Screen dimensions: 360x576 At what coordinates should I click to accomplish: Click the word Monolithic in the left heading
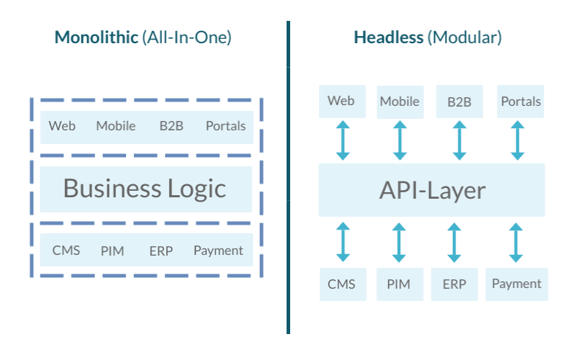(96, 37)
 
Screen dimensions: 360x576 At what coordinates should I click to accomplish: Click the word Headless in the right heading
(388, 37)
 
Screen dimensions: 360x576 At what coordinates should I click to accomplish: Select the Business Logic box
(145, 189)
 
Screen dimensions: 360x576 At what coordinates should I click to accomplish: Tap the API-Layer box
(431, 190)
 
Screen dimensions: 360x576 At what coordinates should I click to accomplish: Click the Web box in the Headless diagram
(342, 102)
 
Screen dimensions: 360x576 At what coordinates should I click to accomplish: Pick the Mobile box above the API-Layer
(400, 102)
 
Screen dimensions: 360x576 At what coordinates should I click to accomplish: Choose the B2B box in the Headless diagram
(459, 102)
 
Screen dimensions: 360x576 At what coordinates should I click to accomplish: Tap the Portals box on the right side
(520, 102)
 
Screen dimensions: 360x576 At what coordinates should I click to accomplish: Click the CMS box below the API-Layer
(342, 284)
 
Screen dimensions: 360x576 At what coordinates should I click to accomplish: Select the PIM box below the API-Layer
(398, 284)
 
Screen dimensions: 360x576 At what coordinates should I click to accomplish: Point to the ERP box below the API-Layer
(454, 284)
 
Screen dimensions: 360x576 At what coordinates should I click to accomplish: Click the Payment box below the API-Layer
(516, 284)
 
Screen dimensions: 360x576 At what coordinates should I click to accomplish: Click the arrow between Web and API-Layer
(343, 140)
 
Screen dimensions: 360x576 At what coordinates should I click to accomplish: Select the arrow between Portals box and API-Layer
(517, 140)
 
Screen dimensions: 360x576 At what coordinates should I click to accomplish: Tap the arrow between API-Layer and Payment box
(516, 242)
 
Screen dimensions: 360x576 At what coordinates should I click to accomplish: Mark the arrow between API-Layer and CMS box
(343, 242)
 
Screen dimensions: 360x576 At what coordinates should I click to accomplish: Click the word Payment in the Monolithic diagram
(218, 251)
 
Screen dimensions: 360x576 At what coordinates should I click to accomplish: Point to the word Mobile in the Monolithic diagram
(116, 126)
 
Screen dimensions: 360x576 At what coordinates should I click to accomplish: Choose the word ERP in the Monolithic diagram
(161, 251)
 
